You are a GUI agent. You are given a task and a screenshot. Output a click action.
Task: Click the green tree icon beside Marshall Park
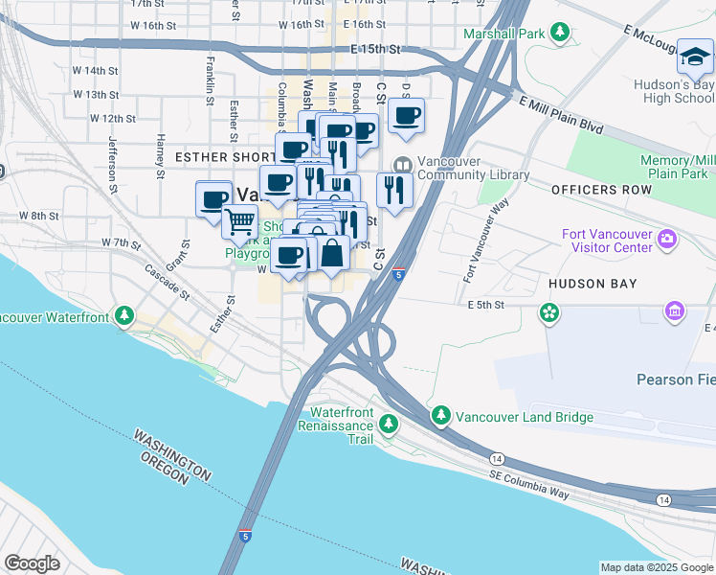click(560, 34)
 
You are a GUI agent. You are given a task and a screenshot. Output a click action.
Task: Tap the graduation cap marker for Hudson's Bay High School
click(694, 58)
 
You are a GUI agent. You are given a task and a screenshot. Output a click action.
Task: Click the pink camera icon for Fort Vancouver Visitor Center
click(668, 238)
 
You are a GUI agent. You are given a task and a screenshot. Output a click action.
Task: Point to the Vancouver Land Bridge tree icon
click(440, 417)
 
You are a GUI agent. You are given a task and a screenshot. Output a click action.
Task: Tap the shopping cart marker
click(239, 222)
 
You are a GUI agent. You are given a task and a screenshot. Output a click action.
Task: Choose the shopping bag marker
click(332, 255)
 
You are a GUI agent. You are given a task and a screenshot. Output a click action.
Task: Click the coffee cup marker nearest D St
click(406, 117)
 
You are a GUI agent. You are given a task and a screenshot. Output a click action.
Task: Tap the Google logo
click(33, 563)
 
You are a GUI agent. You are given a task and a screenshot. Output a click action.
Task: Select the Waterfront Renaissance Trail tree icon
click(389, 423)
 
